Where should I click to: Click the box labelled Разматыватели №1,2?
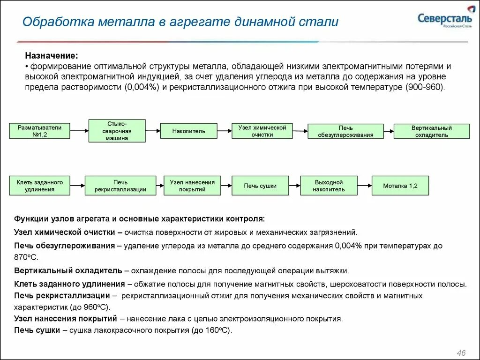pyautogui.click(x=39, y=131)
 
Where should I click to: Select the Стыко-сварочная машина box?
pyautogui.click(x=117, y=131)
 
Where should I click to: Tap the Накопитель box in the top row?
pyautogui.click(x=188, y=131)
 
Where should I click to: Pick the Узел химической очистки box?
pyautogui.click(x=262, y=131)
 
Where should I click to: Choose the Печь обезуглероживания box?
pyautogui.click(x=345, y=131)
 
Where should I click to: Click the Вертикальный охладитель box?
pyautogui.click(x=431, y=131)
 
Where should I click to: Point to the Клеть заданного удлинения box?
pyautogui.click(x=39, y=186)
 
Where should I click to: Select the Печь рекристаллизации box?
pyautogui.click(x=120, y=186)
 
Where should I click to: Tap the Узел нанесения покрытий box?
pyautogui.click(x=192, y=186)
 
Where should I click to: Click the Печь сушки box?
pyautogui.click(x=260, y=186)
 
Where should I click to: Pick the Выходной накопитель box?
pyautogui.click(x=329, y=186)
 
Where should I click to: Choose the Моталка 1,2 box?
pyautogui.click(x=400, y=186)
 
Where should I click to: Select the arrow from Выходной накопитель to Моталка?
pyautogui.click(x=364, y=185)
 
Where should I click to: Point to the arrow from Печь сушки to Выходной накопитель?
pyautogui.click(x=294, y=185)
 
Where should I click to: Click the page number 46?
pyautogui.click(x=461, y=352)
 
